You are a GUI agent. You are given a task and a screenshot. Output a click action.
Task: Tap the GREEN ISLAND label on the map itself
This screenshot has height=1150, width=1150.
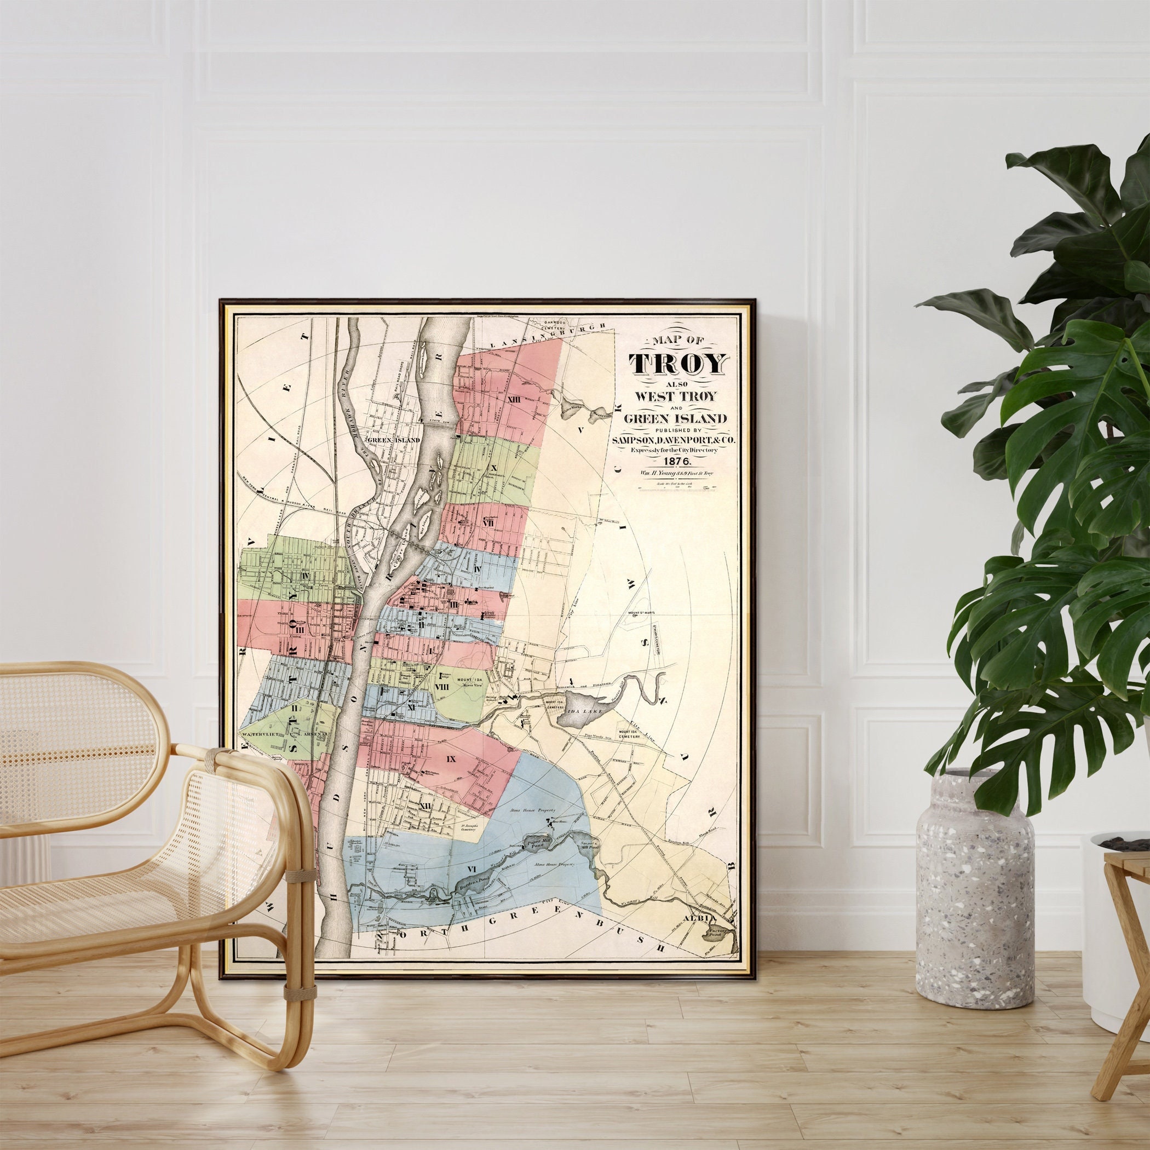393,440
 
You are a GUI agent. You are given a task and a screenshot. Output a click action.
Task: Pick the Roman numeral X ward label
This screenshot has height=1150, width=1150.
492,467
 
